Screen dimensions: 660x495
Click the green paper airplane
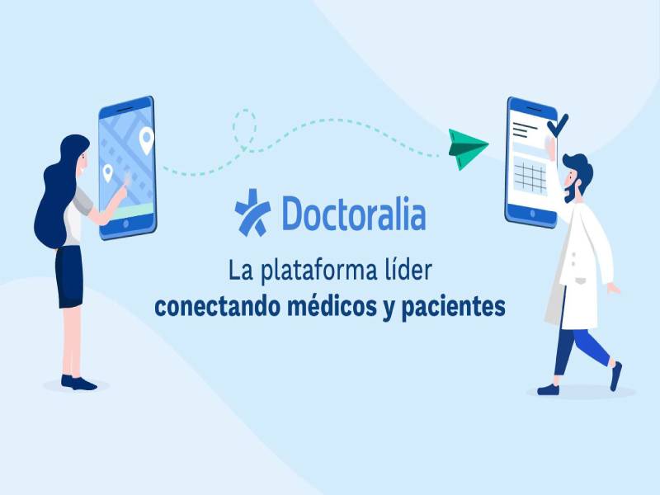coord(465,148)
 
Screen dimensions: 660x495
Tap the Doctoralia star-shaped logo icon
coord(252,213)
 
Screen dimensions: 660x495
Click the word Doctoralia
coord(354,213)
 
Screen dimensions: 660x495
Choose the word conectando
coord(217,308)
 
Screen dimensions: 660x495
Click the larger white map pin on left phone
coord(147,139)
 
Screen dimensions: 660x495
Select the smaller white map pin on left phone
coord(108,172)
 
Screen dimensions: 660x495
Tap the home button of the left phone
coord(125,224)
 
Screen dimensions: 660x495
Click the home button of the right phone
coord(532,214)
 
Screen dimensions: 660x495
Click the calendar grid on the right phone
coord(530,177)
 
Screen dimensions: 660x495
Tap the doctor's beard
coord(572,191)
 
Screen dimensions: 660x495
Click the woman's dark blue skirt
coord(69,276)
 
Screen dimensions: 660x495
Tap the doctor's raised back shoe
coord(615,376)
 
